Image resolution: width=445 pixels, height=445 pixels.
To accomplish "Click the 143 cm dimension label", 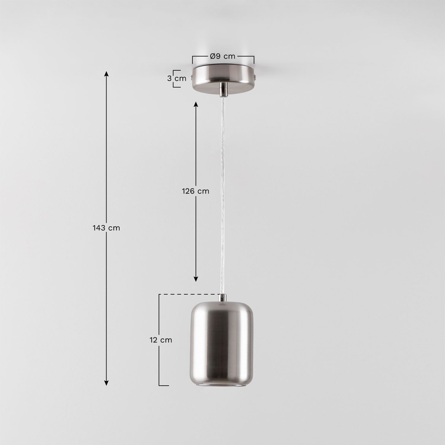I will (106, 228).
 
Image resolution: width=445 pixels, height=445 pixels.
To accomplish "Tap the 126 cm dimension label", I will (195, 191).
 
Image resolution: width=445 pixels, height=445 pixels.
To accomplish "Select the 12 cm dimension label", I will (160, 340).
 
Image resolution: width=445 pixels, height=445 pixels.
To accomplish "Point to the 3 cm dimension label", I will (177, 79).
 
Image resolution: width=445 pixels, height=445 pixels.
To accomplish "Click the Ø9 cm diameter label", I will (223, 56).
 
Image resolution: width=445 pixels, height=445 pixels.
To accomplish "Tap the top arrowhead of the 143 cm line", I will (106, 74).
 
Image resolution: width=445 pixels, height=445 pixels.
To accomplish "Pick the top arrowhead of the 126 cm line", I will (196, 104).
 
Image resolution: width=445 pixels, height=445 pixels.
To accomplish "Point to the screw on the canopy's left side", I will (192, 78).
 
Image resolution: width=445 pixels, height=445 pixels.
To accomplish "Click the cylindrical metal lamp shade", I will (222, 341).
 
